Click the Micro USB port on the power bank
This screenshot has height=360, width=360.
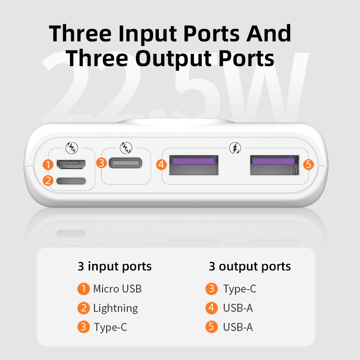click(x=71, y=164)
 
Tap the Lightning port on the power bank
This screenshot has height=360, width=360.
click(x=71, y=181)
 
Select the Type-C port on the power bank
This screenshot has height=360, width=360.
click(x=126, y=163)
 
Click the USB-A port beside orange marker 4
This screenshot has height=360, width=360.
click(x=193, y=165)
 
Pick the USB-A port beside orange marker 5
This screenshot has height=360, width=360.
click(x=274, y=165)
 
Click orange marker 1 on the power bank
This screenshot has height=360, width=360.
click(x=48, y=165)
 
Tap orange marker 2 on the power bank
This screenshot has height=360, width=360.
click(x=48, y=180)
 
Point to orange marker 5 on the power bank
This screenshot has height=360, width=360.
click(x=308, y=164)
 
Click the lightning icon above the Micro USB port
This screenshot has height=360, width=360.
click(x=72, y=148)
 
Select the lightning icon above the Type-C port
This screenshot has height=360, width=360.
click(x=126, y=148)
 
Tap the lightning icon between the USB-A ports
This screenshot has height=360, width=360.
click(x=235, y=148)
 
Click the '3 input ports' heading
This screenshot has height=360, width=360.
click(x=115, y=266)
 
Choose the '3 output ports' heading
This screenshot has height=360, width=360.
click(x=250, y=266)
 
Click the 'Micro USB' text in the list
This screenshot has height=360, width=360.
click(x=117, y=289)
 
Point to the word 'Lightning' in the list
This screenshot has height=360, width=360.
click(x=116, y=308)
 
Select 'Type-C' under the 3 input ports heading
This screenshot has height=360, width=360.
click(x=110, y=327)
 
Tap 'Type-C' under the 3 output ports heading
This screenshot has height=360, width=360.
click(x=240, y=289)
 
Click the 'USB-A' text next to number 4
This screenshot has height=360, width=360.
click(x=238, y=308)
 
